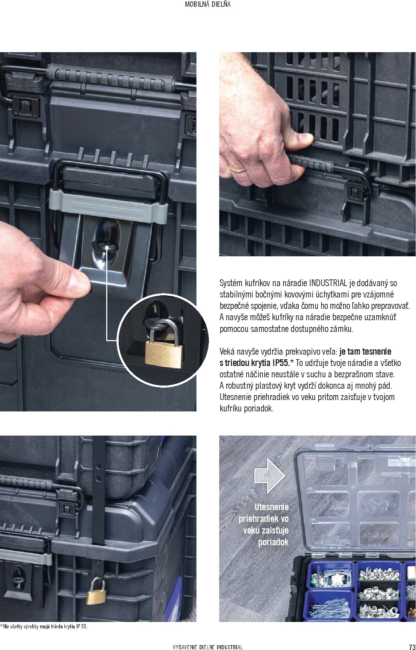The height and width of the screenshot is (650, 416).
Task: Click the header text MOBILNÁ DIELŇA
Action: coord(208,5)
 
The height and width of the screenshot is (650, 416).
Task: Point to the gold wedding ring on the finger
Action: coord(237,169)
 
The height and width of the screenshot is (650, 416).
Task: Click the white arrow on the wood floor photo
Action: coord(270,475)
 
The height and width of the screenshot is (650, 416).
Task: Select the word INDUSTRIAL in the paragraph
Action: coord(328,283)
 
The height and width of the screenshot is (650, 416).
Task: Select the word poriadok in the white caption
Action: coord(273,542)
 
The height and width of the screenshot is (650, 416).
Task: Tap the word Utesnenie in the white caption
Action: coord(272,507)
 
